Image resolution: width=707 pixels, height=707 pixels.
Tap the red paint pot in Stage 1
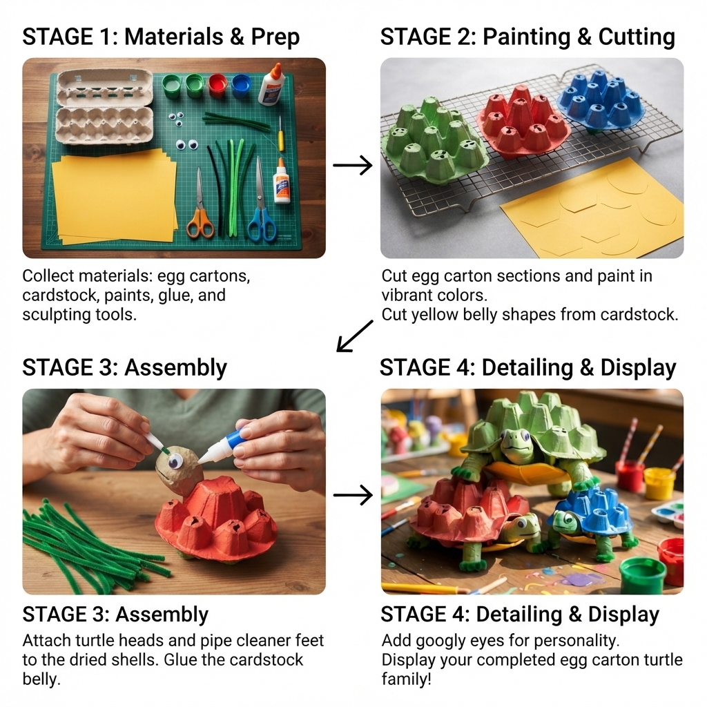point(217,85)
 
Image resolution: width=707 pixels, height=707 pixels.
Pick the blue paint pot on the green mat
point(242,86)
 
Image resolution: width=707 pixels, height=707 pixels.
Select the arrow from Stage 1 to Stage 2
point(353,166)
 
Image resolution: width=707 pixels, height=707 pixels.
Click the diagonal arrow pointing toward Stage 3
point(355,336)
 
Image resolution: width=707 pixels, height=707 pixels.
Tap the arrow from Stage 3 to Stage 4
point(353,495)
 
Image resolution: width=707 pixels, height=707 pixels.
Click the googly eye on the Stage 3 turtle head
point(175,462)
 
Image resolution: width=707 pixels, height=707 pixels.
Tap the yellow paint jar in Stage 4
point(659,483)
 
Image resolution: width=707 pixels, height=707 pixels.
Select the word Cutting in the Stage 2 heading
point(636,37)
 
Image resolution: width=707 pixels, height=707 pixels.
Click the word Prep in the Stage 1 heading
point(275,37)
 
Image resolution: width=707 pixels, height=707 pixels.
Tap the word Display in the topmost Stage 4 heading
point(638,367)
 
